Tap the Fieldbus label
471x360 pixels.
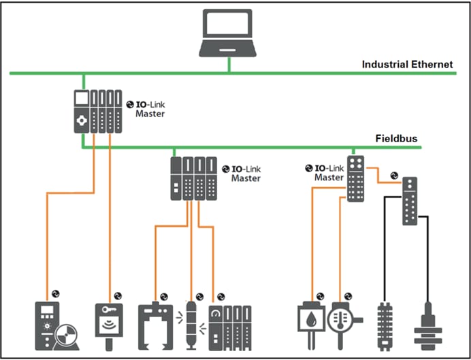[397, 139]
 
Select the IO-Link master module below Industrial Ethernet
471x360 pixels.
[97, 111]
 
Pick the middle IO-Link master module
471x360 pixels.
[194, 178]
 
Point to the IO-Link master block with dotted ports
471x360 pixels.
[355, 178]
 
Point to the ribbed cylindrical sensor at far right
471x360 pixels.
[428, 329]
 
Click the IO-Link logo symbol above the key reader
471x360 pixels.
[118, 295]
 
